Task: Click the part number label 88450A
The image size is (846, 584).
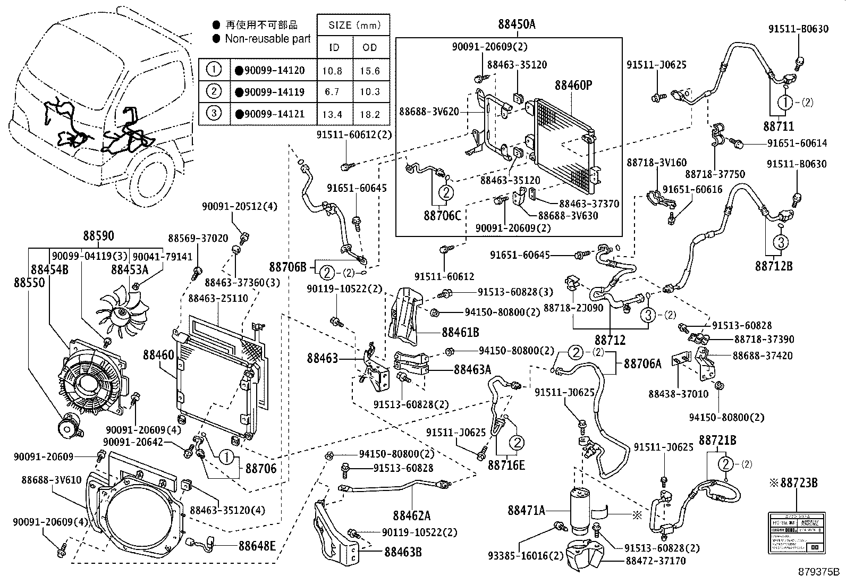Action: point(517,24)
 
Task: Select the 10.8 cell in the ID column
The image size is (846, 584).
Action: point(333,70)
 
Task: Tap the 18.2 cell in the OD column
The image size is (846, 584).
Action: point(370,114)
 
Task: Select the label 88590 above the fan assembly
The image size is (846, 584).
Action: point(98,236)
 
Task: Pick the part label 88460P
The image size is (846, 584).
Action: point(573,85)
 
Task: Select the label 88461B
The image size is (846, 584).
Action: point(460,332)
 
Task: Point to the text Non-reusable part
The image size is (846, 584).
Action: point(268,39)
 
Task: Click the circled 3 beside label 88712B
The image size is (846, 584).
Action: point(780,243)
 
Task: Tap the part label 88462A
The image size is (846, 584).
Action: point(411,515)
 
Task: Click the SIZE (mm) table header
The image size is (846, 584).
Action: point(353,25)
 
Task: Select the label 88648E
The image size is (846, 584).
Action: point(257,545)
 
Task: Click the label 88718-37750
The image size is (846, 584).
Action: point(714,174)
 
